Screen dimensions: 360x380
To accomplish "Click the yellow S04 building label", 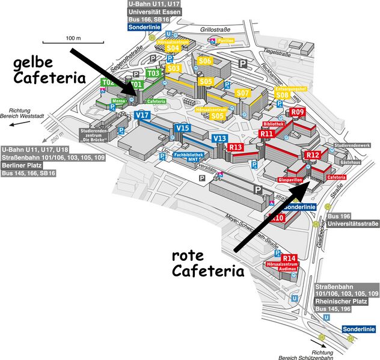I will [x=173, y=47].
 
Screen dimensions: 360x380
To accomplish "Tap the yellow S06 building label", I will [x=205, y=61].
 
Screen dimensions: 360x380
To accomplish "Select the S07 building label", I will [x=242, y=93].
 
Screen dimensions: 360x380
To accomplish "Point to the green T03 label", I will [x=153, y=73].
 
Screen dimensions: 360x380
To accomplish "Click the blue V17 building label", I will [x=143, y=115].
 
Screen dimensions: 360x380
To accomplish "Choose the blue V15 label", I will [x=182, y=128].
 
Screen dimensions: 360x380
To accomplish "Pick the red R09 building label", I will [x=298, y=112].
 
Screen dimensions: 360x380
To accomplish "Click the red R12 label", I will [x=313, y=155].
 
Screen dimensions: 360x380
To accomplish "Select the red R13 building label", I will [x=236, y=147].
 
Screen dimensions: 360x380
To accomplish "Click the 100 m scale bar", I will [x=69, y=41].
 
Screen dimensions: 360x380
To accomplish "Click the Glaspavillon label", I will [x=290, y=180].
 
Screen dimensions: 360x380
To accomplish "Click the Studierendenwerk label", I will [x=353, y=145].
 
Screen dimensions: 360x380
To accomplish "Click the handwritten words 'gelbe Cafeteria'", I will [x=47, y=69].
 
